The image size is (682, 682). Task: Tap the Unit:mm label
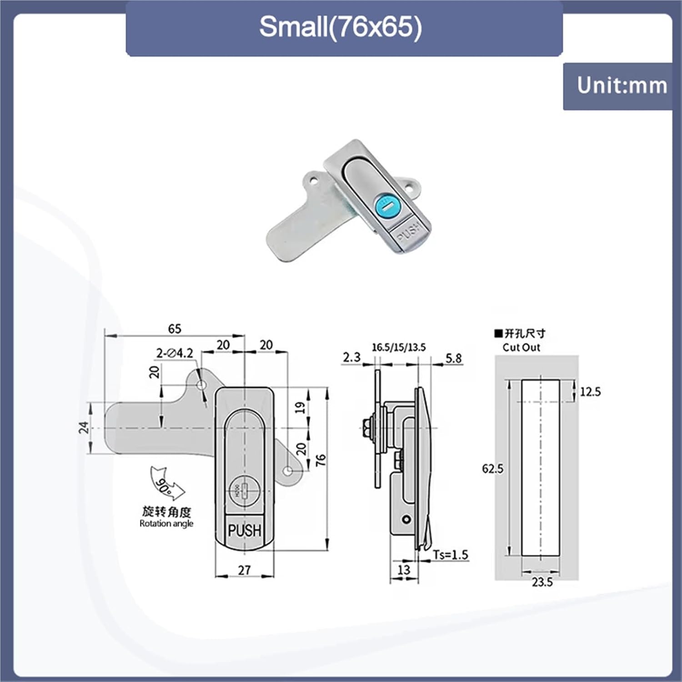(622, 85)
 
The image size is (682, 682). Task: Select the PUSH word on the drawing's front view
(245, 530)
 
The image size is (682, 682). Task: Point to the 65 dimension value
(175, 329)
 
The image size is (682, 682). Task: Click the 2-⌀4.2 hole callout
(175, 353)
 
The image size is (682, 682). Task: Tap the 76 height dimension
(321, 460)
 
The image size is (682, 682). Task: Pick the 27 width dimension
(244, 570)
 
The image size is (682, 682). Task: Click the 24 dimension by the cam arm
(84, 427)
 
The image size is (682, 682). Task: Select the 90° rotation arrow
(166, 484)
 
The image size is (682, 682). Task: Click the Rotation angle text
(166, 524)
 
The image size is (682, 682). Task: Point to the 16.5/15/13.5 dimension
(399, 348)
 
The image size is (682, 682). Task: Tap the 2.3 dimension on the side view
(351, 357)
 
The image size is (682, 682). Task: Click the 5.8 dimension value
(453, 358)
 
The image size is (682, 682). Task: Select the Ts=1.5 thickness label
(450, 555)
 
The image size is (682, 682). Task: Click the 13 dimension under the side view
(404, 570)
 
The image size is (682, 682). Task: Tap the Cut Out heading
(521, 347)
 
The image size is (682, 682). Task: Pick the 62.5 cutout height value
(493, 468)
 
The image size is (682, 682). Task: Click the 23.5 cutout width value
(542, 582)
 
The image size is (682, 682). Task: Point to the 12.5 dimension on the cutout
(590, 391)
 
